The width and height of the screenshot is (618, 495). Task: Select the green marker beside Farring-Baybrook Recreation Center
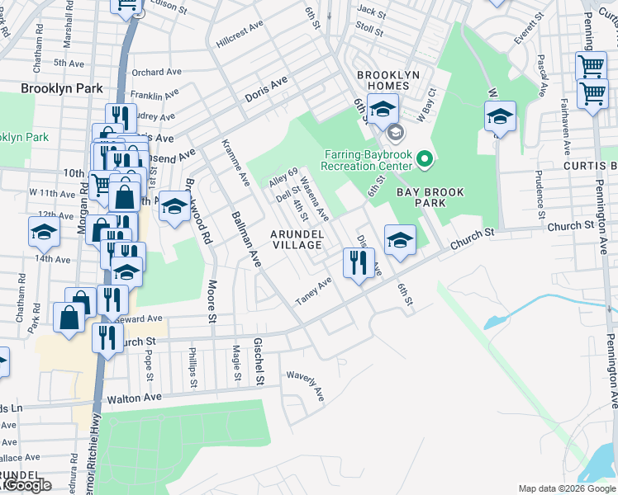[x=425, y=158]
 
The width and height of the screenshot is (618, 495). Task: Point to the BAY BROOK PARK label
[x=430, y=197]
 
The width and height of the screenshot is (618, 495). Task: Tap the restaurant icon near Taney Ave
[x=359, y=264]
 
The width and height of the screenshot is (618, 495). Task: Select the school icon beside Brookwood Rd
[x=174, y=207]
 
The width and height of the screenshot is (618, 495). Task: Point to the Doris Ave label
[x=266, y=90]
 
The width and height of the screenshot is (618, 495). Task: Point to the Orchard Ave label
[x=155, y=72]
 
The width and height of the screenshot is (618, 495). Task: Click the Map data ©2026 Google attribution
[x=567, y=488]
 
